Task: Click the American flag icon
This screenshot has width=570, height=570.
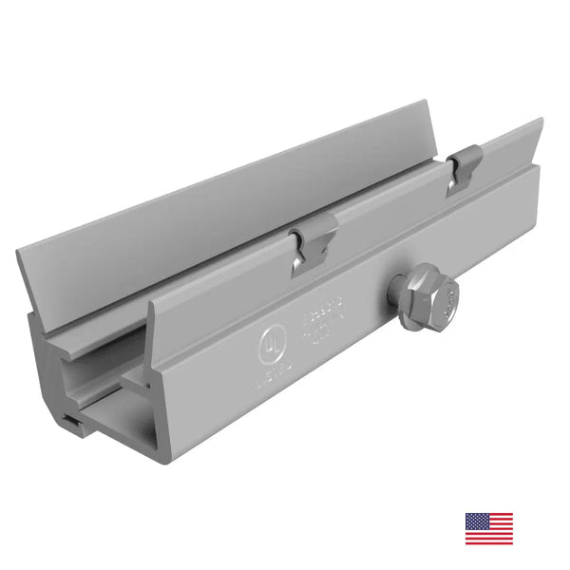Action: pos(488,528)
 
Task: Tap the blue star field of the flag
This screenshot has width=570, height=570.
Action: pos(475,522)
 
